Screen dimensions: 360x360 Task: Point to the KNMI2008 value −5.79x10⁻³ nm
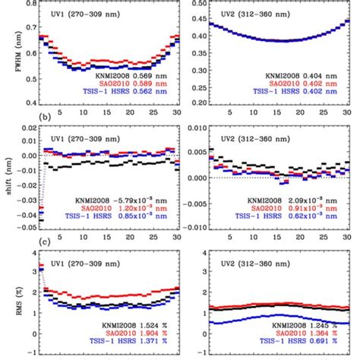145,198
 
